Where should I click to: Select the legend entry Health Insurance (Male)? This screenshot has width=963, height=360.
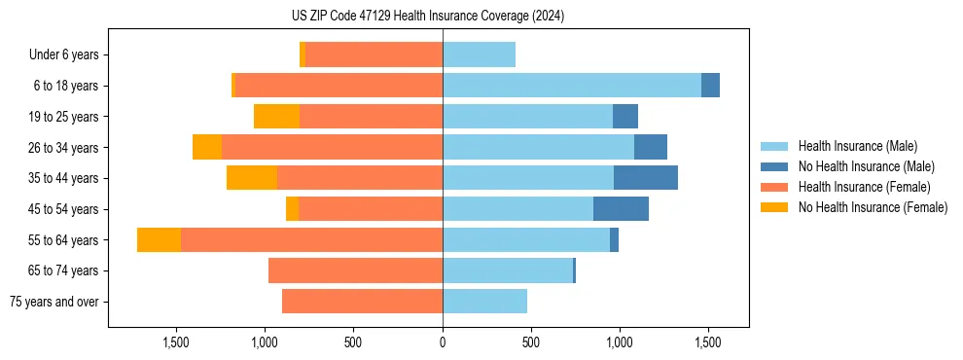pyautogui.click(x=857, y=146)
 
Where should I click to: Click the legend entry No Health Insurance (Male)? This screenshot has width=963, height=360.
pyautogui.click(x=866, y=166)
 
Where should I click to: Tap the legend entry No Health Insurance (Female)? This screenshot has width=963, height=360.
pyautogui.click(x=873, y=207)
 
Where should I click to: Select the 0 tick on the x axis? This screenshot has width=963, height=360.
pyautogui.click(x=443, y=342)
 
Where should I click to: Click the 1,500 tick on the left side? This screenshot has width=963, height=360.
pyautogui.click(x=176, y=342)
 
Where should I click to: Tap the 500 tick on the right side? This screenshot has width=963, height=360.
pyautogui.click(x=531, y=342)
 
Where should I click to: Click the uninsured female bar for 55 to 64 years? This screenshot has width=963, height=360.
pyautogui.click(x=159, y=240)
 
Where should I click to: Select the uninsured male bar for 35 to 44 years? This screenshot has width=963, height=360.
pyautogui.click(x=646, y=178)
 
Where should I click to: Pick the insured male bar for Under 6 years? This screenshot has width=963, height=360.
pyautogui.click(x=479, y=54)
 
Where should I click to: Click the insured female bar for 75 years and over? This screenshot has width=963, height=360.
pyautogui.click(x=362, y=302)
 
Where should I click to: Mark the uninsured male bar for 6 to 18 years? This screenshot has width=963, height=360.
pyautogui.click(x=710, y=86)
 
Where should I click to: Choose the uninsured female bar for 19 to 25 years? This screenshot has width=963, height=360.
pyautogui.click(x=276, y=117)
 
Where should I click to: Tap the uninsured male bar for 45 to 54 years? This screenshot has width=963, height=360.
pyautogui.click(x=621, y=209)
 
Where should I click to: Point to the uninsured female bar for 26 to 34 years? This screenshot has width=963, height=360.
pyautogui.click(x=207, y=147)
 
